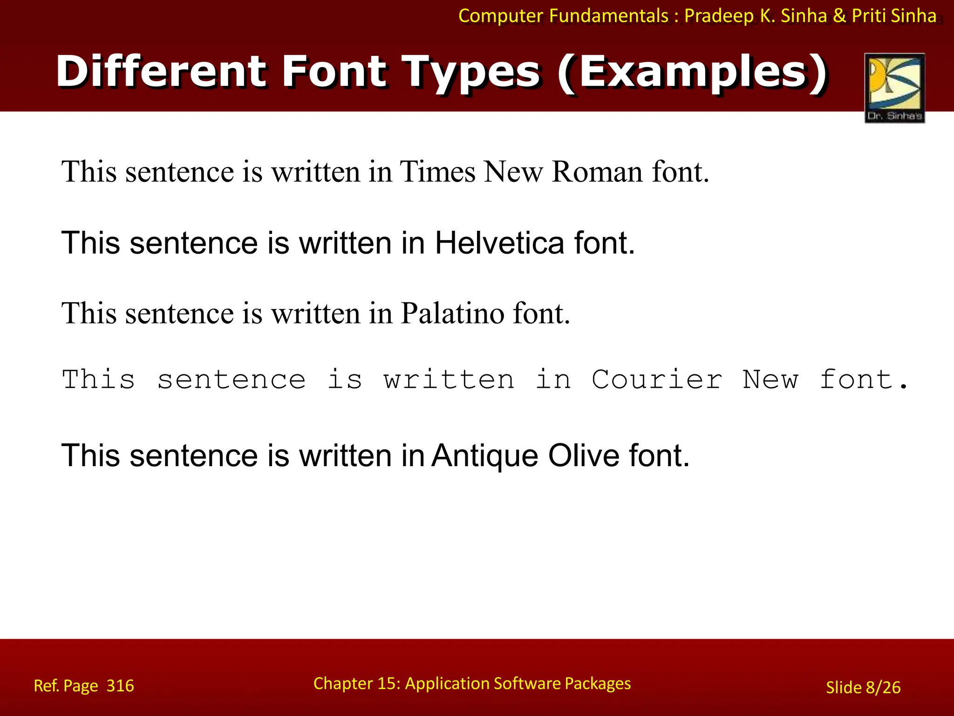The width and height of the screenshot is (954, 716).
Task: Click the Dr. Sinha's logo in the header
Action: (x=894, y=88)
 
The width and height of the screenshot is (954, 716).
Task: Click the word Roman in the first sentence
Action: (x=597, y=172)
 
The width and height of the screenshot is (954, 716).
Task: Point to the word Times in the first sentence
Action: (x=437, y=172)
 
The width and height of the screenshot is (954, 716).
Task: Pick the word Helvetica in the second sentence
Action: (x=499, y=243)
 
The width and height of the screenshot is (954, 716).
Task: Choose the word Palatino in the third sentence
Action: (x=452, y=313)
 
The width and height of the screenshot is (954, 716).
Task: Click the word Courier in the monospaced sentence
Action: (x=657, y=379)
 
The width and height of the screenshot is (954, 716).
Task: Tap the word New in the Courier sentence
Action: (x=770, y=379)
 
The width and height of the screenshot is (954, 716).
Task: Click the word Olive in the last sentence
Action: (x=584, y=455)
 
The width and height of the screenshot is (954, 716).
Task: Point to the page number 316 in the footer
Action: (x=120, y=686)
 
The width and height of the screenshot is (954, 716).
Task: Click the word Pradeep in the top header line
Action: (x=719, y=16)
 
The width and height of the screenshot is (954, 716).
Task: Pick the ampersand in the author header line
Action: (x=839, y=16)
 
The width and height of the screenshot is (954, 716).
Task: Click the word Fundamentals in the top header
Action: (x=609, y=16)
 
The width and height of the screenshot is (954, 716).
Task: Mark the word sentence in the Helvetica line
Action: (x=193, y=243)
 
